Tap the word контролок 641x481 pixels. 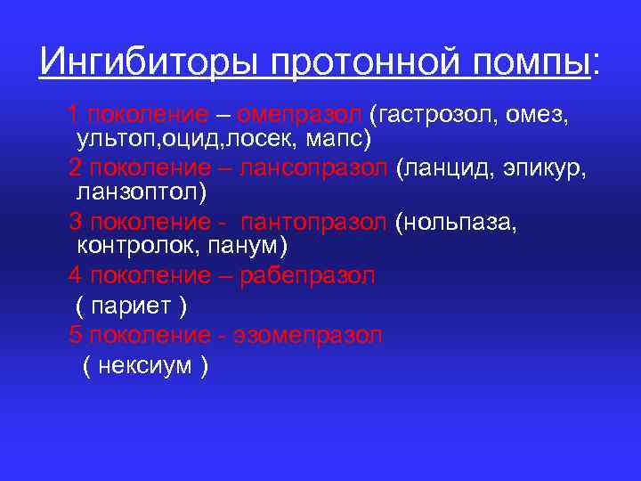pos(131,244)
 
